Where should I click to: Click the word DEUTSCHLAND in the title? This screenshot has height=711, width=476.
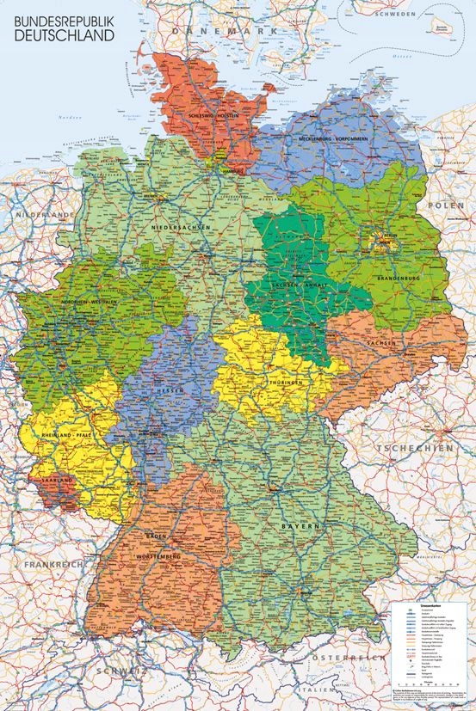click(59, 36)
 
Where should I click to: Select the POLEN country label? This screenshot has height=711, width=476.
click(448, 207)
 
